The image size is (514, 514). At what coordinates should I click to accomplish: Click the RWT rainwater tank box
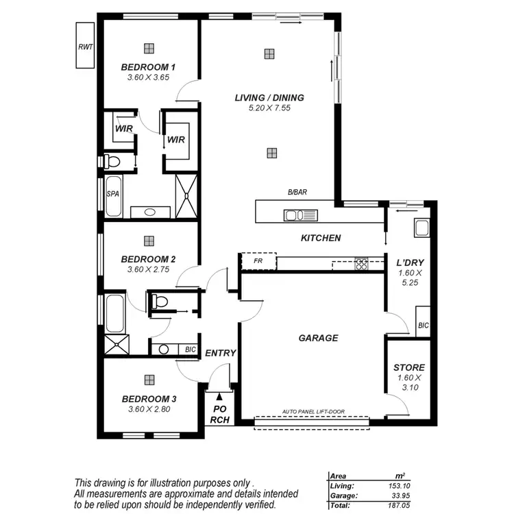point(86,47)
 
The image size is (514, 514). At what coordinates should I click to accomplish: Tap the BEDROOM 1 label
point(148,67)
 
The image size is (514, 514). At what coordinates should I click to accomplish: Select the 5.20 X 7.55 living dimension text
point(269,108)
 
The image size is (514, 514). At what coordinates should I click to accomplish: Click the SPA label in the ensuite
point(112,194)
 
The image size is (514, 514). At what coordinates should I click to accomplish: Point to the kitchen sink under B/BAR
point(302,216)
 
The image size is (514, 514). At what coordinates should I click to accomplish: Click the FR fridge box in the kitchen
point(258,262)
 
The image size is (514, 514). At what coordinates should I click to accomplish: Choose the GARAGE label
point(318,338)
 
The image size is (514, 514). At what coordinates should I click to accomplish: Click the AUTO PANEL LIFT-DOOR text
point(313,412)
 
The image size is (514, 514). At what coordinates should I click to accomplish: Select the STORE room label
point(409,367)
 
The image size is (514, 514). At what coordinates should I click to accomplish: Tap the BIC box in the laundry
point(423,326)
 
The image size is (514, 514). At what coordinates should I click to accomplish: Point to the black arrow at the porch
point(219,396)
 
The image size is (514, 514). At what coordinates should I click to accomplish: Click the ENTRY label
point(221,353)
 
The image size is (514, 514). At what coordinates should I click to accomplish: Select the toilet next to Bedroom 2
point(159,301)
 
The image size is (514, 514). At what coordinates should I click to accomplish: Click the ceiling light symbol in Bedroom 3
point(148,378)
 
